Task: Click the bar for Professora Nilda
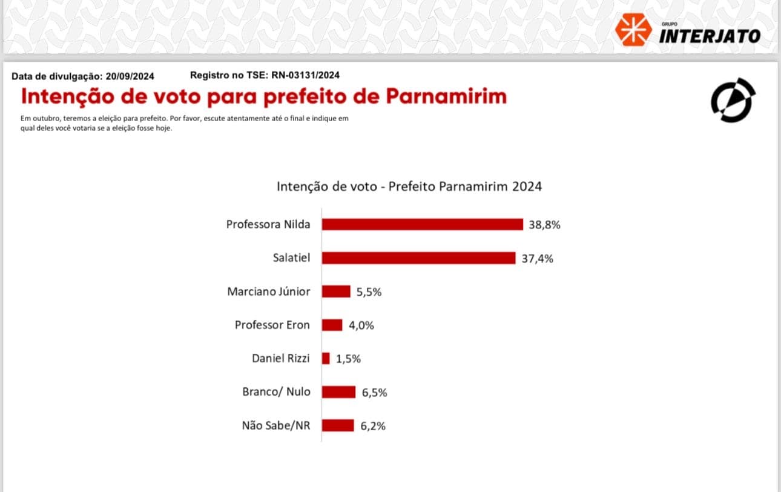(422, 224)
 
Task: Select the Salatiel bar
(418, 258)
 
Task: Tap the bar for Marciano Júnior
(336, 291)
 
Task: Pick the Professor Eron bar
(332, 325)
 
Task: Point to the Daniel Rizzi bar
(326, 358)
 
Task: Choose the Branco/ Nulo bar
(338, 392)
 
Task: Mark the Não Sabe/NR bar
(337, 425)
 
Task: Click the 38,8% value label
(545, 225)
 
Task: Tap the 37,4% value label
(538, 259)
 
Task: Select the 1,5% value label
(348, 359)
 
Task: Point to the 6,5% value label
(374, 393)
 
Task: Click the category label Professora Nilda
(268, 224)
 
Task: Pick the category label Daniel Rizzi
(280, 358)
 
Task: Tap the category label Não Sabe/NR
(276, 425)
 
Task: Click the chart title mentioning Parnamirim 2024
(409, 186)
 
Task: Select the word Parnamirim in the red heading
(446, 97)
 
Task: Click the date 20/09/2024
(130, 76)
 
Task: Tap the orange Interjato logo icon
(633, 30)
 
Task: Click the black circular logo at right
(733, 100)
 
